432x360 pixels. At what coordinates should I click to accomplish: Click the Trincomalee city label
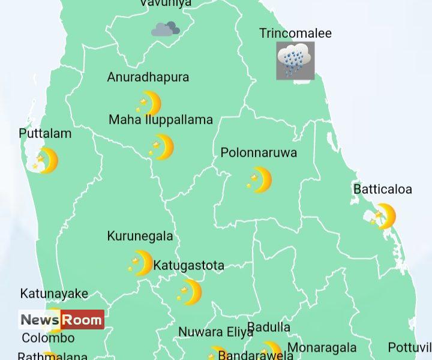pyautogui.click(x=295, y=34)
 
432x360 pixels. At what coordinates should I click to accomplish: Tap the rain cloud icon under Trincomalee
pyautogui.click(x=295, y=61)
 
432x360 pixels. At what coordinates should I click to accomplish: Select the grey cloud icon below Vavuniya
pyautogui.click(x=166, y=29)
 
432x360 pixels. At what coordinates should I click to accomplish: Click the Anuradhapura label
pyautogui.click(x=148, y=77)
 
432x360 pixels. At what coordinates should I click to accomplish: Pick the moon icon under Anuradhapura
pyautogui.click(x=149, y=104)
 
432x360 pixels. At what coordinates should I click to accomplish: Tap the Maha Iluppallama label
pyautogui.click(x=161, y=120)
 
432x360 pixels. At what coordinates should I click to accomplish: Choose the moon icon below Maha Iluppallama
pyautogui.click(x=161, y=147)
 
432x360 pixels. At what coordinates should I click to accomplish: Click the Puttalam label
pyautogui.click(x=45, y=134)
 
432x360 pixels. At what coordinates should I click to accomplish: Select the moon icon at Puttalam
pyautogui.click(x=46, y=161)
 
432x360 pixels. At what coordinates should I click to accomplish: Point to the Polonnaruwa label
pyautogui.click(x=259, y=153)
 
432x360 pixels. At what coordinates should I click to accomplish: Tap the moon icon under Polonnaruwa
pyautogui.click(x=259, y=180)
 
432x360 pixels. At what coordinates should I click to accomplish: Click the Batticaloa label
pyautogui.click(x=383, y=190)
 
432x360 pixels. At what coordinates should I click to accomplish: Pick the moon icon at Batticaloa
pyautogui.click(x=383, y=217)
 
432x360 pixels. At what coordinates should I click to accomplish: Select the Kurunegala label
pyautogui.click(x=140, y=236)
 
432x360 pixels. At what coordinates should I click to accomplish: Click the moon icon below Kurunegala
pyautogui.click(x=140, y=263)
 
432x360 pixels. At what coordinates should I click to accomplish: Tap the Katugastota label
pyautogui.click(x=189, y=265)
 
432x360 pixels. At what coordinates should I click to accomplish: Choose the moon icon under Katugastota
pyautogui.click(x=190, y=292)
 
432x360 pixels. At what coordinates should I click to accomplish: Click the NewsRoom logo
pyautogui.click(x=61, y=320)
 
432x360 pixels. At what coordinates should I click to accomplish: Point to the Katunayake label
pyautogui.click(x=54, y=294)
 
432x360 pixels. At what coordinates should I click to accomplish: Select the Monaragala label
pyautogui.click(x=322, y=348)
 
